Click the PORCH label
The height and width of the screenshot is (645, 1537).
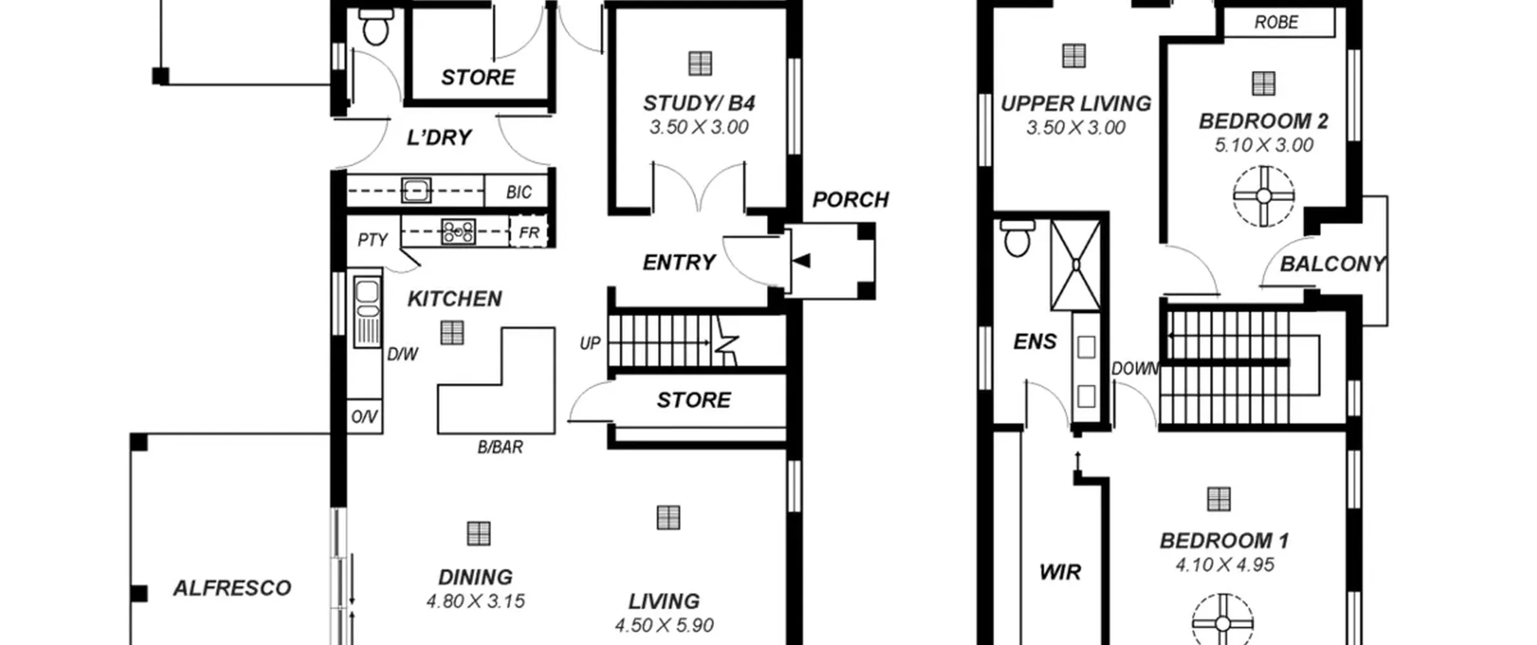point(850,200)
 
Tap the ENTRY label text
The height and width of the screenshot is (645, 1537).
point(679,262)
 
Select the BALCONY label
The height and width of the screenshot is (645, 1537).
point(1332,264)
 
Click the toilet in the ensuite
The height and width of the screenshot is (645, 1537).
point(1016,238)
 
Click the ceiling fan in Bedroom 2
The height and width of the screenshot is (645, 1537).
point(1263,196)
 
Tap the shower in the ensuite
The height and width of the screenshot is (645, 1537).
point(1076,265)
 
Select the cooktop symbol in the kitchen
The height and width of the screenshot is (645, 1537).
point(459,232)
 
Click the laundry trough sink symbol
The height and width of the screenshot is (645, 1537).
point(415,191)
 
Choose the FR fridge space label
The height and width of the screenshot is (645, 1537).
point(528,232)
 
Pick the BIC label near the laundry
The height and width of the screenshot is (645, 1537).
point(519,192)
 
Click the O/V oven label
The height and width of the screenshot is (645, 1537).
point(364,416)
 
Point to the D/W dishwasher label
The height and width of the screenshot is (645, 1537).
point(402,354)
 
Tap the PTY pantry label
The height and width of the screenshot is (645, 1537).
point(372,240)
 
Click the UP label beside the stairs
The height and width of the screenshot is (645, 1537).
point(590,343)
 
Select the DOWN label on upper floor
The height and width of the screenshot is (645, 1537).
point(1134,368)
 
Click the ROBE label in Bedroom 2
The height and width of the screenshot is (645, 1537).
point(1276,22)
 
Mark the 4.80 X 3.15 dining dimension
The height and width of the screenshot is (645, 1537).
point(476,601)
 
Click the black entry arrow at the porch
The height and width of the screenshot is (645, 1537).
point(802,260)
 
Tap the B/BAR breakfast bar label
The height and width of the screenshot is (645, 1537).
point(500,447)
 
